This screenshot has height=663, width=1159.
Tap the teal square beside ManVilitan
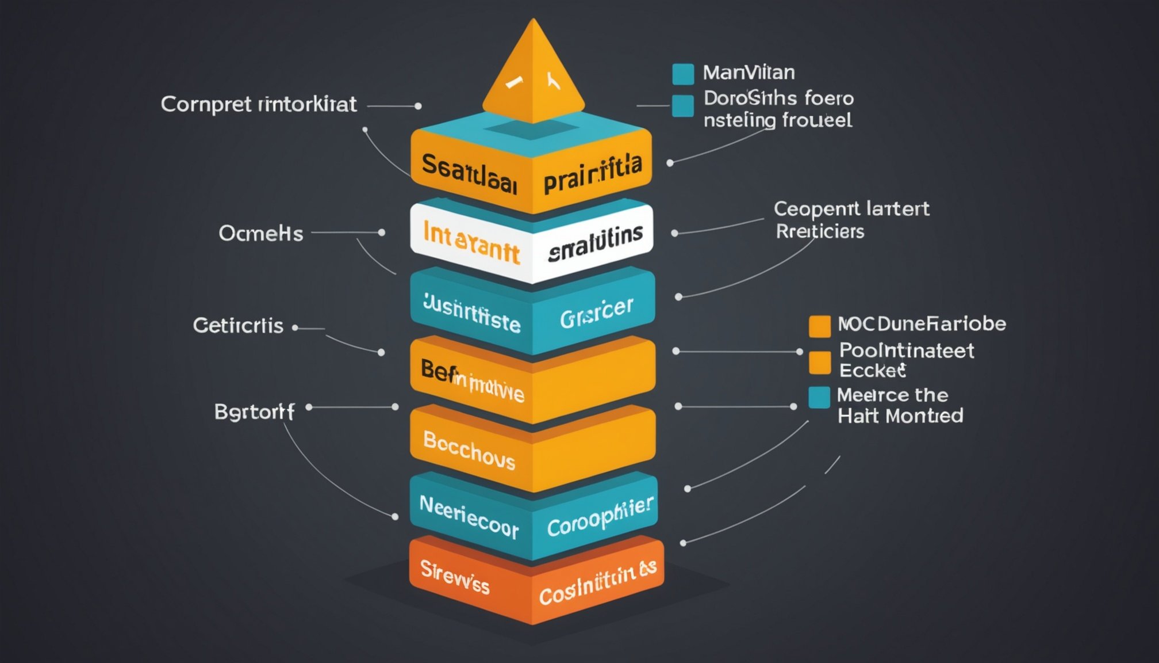click(x=683, y=74)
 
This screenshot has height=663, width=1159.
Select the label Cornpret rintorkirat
click(x=259, y=105)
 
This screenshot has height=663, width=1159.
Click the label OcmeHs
click(x=260, y=234)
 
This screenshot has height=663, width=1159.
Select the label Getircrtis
click(x=238, y=326)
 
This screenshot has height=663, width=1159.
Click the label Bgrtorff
click(x=254, y=412)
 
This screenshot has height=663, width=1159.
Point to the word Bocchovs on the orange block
click(x=469, y=449)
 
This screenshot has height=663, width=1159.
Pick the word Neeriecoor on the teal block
click(x=469, y=517)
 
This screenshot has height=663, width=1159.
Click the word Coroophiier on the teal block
click(x=600, y=517)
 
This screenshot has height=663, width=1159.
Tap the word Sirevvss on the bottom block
click(x=455, y=577)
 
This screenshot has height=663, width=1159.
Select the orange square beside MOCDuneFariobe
click(x=819, y=326)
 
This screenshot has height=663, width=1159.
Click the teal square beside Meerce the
click(x=819, y=397)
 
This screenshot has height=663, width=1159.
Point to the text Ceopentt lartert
click(x=851, y=208)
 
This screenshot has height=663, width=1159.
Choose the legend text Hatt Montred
click(x=900, y=416)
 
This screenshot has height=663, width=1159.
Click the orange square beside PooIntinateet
click(x=819, y=362)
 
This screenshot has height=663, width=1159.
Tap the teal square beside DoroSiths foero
click(x=683, y=106)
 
